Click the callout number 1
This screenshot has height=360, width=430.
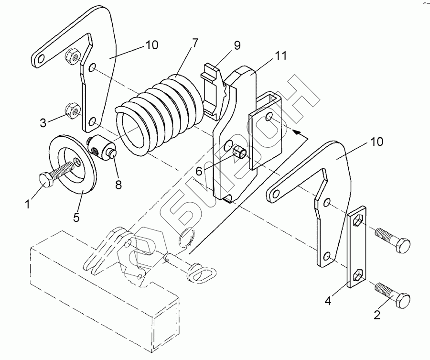(28, 204)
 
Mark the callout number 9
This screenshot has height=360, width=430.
(237, 45)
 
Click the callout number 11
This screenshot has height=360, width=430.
(281, 55)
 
